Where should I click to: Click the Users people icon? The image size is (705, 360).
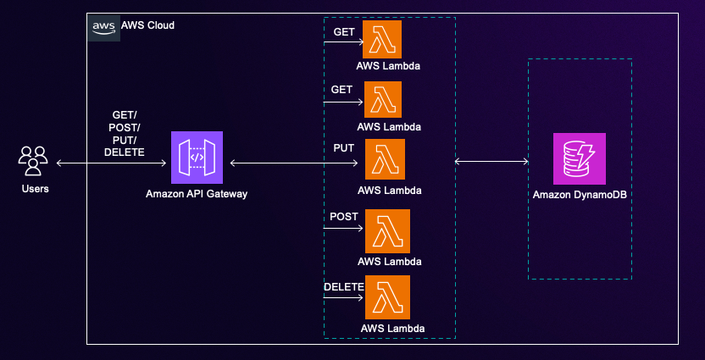pos(34,161)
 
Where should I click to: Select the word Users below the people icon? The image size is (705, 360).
pos(35,188)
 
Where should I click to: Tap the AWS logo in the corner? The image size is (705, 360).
pos(104,26)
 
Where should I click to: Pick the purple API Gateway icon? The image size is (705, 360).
pos(197,158)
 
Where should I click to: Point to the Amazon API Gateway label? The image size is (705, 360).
pos(197,195)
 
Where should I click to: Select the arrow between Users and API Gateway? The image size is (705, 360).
pos(114,162)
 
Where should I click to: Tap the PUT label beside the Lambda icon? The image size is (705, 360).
pos(343,148)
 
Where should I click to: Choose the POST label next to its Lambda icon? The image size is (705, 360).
pos(342,217)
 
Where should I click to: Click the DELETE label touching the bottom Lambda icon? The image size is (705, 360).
pos(343,287)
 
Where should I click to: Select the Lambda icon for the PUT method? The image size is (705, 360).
pos(385,159)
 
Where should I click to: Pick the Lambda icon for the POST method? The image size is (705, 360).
pos(388,231)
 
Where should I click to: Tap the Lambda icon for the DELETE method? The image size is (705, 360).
pos(388,297)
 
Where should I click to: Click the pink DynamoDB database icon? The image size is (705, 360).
pos(579,158)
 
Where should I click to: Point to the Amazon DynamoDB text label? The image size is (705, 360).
pos(579,196)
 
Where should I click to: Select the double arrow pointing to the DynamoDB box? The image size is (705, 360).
pos(491,161)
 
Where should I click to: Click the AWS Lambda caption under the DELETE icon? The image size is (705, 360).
pos(392,328)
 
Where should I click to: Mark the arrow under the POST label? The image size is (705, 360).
pos(343,228)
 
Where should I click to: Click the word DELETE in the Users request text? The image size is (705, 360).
pos(124,152)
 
